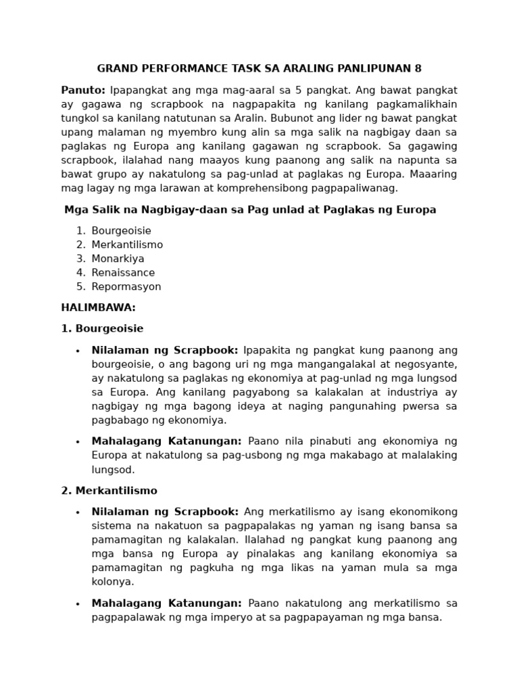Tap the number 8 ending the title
click(418, 68)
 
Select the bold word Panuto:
click(83, 90)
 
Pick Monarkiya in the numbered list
click(118, 259)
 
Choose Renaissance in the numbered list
click(123, 272)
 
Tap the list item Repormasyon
click(126, 287)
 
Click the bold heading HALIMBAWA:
click(98, 307)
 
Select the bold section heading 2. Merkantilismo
click(109, 491)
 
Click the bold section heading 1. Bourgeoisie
click(102, 328)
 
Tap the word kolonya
click(113, 581)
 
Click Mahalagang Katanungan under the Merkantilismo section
click(167, 603)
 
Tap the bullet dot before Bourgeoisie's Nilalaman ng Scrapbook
click(78, 351)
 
